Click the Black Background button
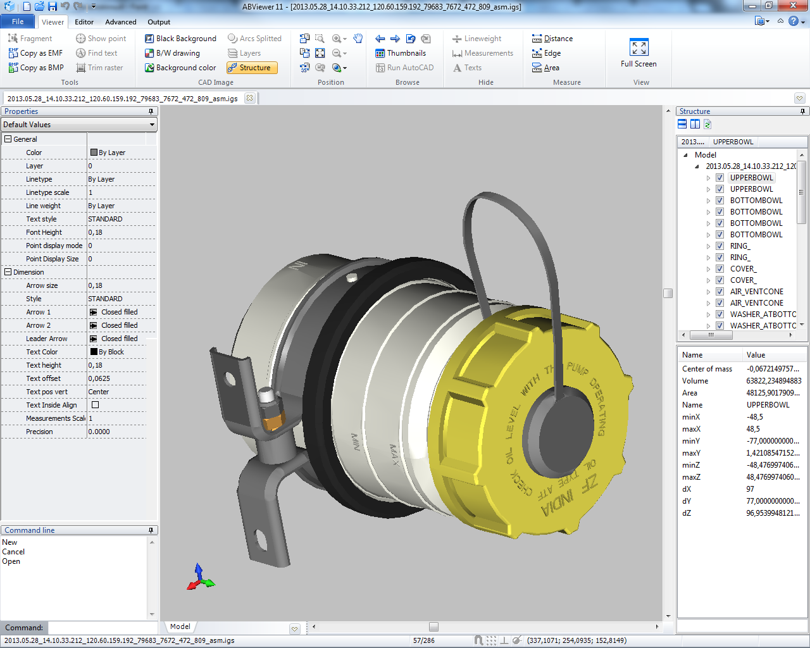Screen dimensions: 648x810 click(x=180, y=39)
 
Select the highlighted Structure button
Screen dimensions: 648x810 click(x=252, y=68)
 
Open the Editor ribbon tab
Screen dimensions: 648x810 click(x=84, y=22)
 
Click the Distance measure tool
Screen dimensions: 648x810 click(x=552, y=39)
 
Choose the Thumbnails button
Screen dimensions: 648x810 click(x=401, y=53)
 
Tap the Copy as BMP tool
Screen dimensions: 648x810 click(x=36, y=68)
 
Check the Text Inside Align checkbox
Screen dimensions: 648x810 click(x=95, y=405)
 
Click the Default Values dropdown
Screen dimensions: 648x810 click(x=79, y=125)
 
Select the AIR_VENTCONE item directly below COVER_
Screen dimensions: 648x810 click(x=756, y=292)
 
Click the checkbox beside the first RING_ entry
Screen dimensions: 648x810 click(x=720, y=246)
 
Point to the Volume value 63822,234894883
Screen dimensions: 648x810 click(x=773, y=381)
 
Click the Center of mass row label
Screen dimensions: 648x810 click(x=707, y=369)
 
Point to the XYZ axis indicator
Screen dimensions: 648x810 click(x=200, y=578)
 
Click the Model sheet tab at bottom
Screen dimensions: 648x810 click(x=180, y=626)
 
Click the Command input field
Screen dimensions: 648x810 click(x=101, y=628)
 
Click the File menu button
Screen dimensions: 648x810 click(x=18, y=22)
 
